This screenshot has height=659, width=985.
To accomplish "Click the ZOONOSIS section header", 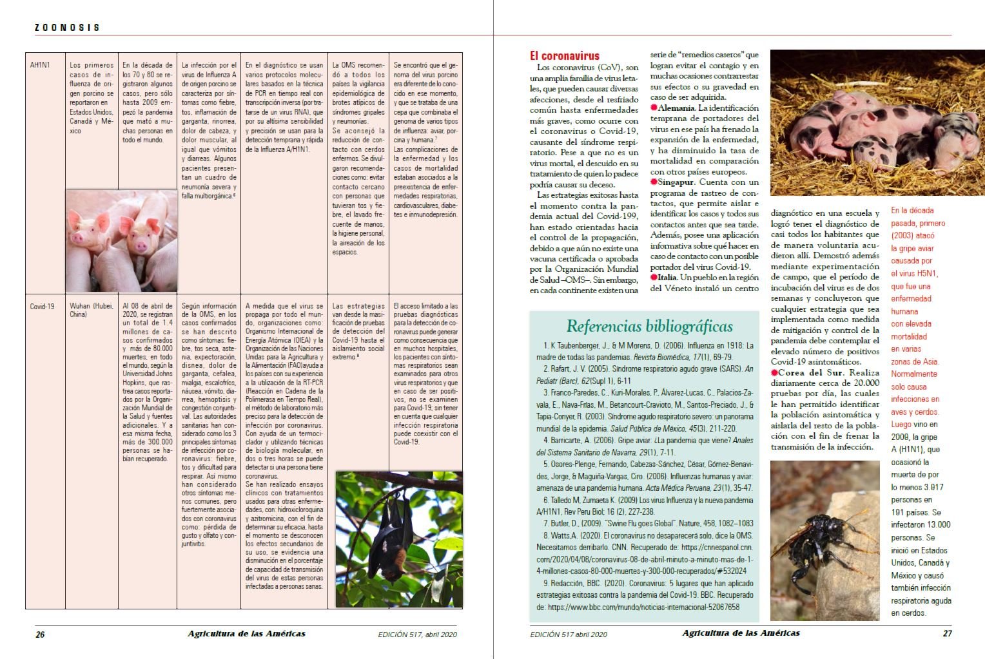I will click(67, 27).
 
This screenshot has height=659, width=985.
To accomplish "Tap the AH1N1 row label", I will click(40, 65).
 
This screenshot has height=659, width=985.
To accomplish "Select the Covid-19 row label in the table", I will click(42, 307).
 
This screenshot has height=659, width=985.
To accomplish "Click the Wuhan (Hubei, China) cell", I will click(91, 310).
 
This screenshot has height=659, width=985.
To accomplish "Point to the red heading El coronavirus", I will click(564, 56).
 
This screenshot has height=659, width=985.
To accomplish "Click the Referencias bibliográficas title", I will click(649, 326).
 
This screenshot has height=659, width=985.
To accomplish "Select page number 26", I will click(40, 634).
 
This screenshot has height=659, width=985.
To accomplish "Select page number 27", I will click(947, 633).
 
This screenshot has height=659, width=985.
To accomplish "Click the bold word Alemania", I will click(676, 108).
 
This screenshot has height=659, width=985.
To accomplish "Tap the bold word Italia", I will click(667, 278).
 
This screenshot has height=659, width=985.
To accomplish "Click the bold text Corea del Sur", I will click(810, 373).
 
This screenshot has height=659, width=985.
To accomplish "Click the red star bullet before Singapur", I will click(654, 182).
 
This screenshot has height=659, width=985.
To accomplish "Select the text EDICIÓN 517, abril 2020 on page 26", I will click(417, 634).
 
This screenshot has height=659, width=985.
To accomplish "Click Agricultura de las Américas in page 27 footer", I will click(741, 633).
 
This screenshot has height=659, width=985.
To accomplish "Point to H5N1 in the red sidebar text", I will click(926, 274).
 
